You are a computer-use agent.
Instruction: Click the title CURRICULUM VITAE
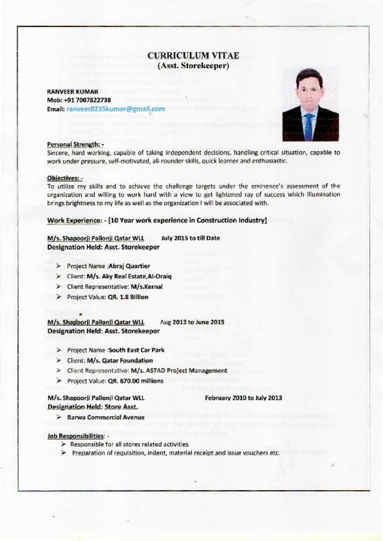point(193,55)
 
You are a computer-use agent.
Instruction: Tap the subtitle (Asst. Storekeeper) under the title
point(193,66)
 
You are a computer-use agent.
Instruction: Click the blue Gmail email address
point(115,109)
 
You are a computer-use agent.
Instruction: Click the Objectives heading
point(65,178)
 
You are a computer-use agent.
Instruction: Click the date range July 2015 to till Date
point(190,238)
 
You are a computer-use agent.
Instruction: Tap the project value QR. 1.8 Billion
point(127,297)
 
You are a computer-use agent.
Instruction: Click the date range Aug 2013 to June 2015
point(192,322)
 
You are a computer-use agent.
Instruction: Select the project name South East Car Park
point(136,350)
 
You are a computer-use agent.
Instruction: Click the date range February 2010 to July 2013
point(243,398)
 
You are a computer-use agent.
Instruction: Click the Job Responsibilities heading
point(75,436)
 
